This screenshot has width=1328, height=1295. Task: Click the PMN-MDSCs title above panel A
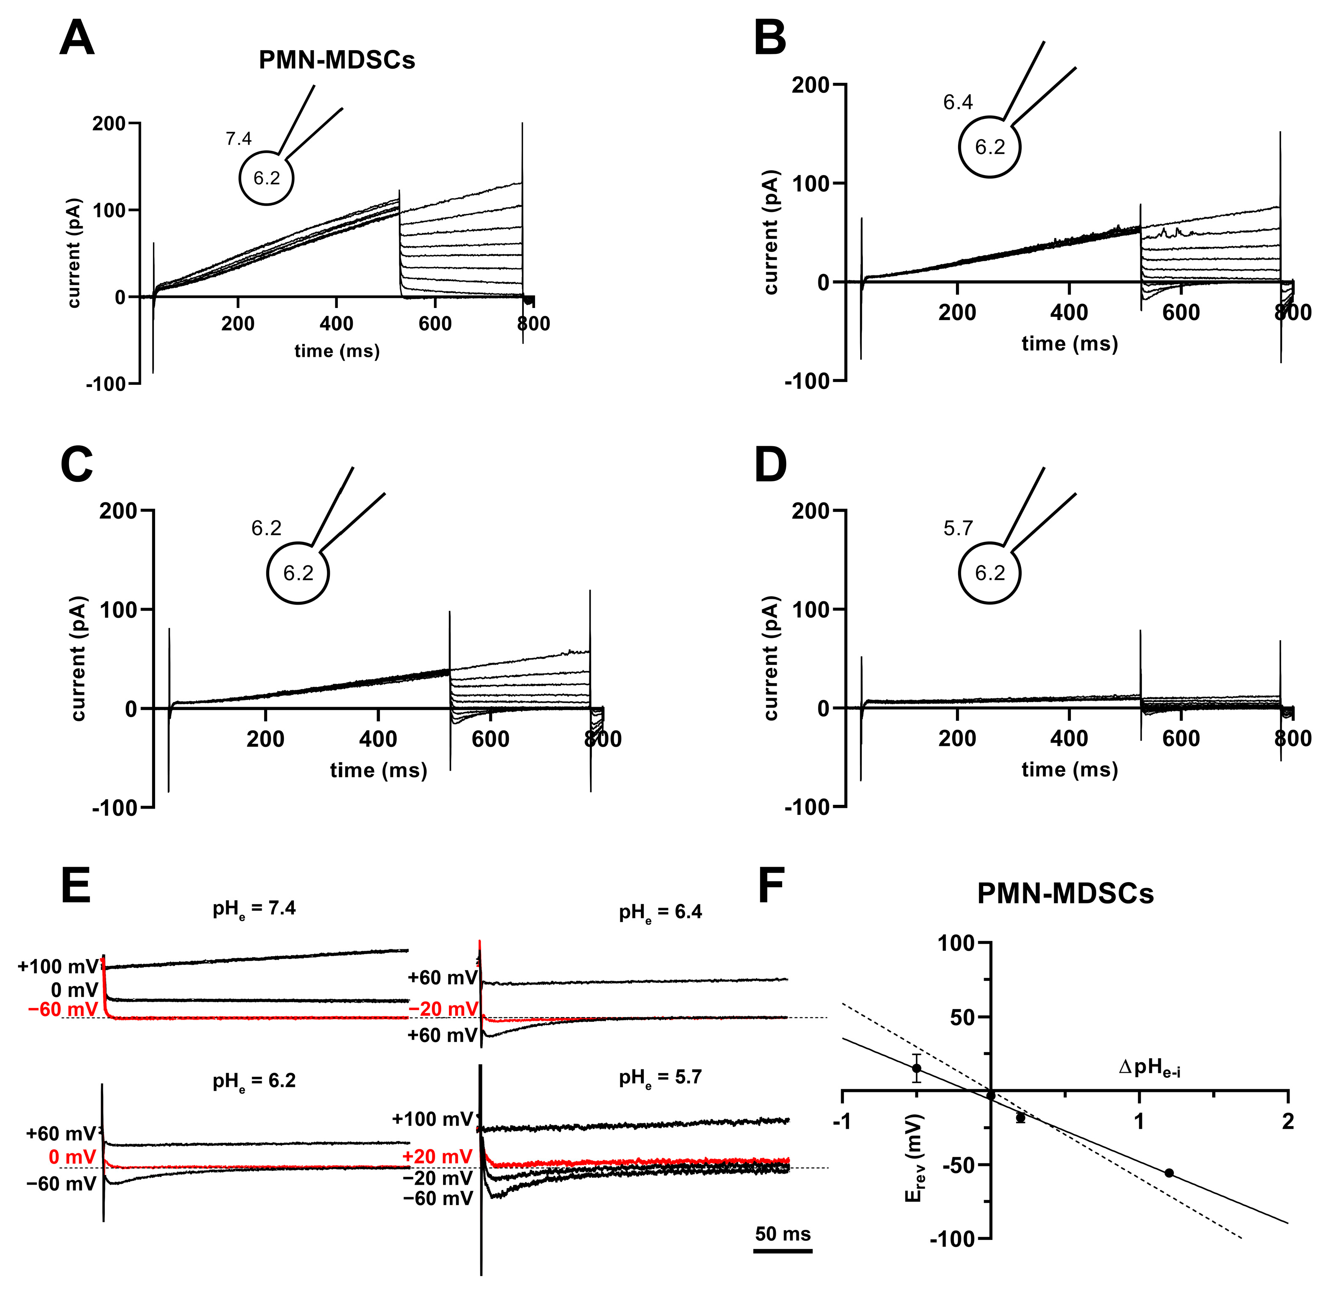pyautogui.click(x=337, y=61)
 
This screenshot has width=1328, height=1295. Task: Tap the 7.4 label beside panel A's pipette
pyautogui.click(x=239, y=139)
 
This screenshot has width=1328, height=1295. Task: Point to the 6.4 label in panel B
pyautogui.click(x=958, y=103)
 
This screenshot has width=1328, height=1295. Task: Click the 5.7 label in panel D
pyautogui.click(x=958, y=529)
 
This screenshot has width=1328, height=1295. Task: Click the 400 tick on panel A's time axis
pyautogui.click(x=336, y=324)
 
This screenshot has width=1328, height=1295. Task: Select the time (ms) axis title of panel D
pyautogui.click(x=1070, y=769)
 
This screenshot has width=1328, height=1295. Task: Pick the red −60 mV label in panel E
pyautogui.click(x=63, y=1009)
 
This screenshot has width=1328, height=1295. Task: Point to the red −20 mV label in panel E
pyautogui.click(x=444, y=1009)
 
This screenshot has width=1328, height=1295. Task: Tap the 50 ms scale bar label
pyautogui.click(x=783, y=1234)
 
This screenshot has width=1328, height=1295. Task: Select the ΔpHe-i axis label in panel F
pyautogui.click(x=1150, y=1068)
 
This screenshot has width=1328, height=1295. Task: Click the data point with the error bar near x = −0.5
pyautogui.click(x=916, y=1068)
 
